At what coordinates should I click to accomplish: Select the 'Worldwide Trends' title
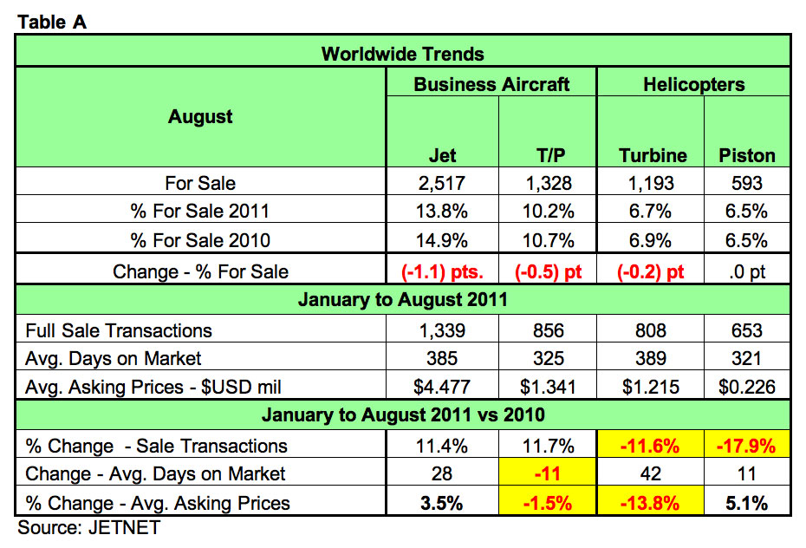tap(403, 54)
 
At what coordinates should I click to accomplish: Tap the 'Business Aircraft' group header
tap(491, 84)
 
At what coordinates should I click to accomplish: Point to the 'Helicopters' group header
tap(694, 84)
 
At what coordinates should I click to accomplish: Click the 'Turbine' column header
tap(653, 155)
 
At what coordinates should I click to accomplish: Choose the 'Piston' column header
tap(747, 155)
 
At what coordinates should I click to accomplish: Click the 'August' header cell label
tap(200, 117)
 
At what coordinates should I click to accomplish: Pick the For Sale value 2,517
tap(443, 183)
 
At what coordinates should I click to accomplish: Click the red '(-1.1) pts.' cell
tap(443, 271)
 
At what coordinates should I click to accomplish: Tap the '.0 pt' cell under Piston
tap(747, 271)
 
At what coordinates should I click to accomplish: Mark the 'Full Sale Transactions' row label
tap(119, 330)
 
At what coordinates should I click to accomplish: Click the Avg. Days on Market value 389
tap(653, 358)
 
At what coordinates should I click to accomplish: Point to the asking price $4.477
tap(443, 387)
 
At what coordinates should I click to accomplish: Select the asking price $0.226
tap(747, 387)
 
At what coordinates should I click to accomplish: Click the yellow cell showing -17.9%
tap(747, 446)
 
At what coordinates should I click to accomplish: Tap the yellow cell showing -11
tap(548, 474)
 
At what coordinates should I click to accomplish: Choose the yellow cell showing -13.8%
tap(653, 503)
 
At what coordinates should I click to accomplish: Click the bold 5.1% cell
tap(747, 503)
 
